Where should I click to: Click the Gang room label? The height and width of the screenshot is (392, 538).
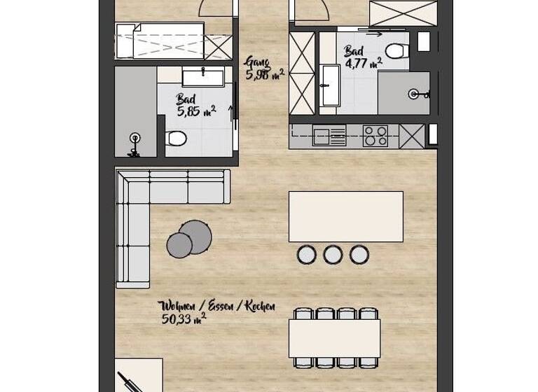(257, 62)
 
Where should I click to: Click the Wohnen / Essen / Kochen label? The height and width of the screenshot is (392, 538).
(217, 307)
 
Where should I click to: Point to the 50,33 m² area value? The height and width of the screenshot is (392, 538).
(184, 319)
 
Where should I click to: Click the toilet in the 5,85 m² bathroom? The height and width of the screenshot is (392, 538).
(176, 139)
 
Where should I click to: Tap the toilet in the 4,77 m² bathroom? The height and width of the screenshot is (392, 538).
(396, 50)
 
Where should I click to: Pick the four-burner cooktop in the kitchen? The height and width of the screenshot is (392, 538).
(375, 135)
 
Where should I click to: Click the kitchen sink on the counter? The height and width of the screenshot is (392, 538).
(329, 136)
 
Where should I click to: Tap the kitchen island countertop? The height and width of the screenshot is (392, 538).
(346, 216)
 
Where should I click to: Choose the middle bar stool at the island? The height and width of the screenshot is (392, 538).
(333, 254)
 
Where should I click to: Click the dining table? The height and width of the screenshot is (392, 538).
(335, 338)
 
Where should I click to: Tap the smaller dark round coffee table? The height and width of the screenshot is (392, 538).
(179, 244)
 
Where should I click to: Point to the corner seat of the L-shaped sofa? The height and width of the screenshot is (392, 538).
(133, 187)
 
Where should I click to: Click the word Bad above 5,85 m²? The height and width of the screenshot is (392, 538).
(186, 99)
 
